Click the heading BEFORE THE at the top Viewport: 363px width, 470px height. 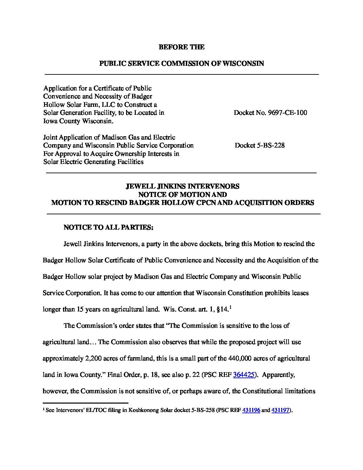pos(181,47)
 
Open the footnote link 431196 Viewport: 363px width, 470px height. pos(251,411)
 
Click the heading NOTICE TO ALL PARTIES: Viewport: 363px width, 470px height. pos(108,227)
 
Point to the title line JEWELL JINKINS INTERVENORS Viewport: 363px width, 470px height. pos(182,186)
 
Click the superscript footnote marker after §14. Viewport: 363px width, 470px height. pos(231,307)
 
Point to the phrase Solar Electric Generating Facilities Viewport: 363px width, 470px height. pos(93,162)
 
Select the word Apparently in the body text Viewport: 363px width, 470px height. pos(278,375)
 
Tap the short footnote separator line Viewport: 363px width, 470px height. pos(85,403)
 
